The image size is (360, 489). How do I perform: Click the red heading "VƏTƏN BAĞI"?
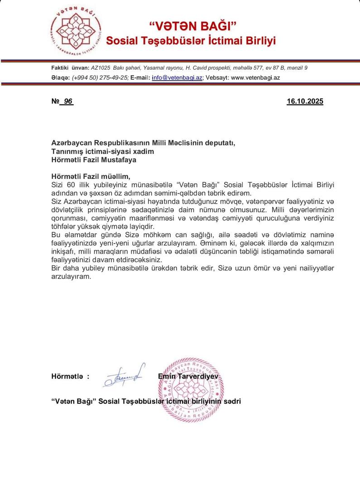tap(191, 26)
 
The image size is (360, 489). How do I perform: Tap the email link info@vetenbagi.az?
tap(177, 77)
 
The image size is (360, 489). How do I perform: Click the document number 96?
tap(68, 102)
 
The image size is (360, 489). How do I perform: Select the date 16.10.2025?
tap(305, 102)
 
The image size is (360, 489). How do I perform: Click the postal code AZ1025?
tap(101, 67)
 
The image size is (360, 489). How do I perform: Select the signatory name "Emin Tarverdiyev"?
tap(188, 376)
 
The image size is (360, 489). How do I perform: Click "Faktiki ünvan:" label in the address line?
tap(70, 67)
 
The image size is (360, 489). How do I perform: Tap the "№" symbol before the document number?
tap(55, 102)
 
